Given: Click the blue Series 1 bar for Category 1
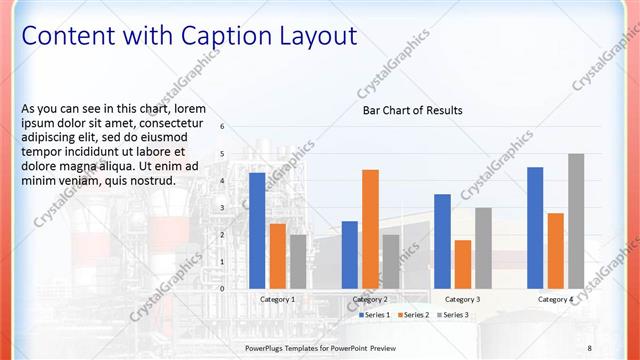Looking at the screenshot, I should pos(257,231).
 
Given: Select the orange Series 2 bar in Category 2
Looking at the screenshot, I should pos(370,229).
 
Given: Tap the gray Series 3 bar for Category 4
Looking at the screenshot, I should pos(576,221).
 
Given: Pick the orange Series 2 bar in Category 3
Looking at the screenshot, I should pos(463,264).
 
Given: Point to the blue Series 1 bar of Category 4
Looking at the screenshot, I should pos(535,228).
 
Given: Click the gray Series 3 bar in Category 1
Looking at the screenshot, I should pos(298,261).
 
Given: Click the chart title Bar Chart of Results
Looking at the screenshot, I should pos(412,111).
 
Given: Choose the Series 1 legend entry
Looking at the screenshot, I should pos(375,315).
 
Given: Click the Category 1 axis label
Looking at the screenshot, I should pos(277,299).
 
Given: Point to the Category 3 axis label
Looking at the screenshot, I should pos(462,299).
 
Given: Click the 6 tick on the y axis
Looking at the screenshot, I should pos(222,127).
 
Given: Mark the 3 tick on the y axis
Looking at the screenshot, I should pos(222,207).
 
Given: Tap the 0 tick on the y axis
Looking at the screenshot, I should pos(222,288).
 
